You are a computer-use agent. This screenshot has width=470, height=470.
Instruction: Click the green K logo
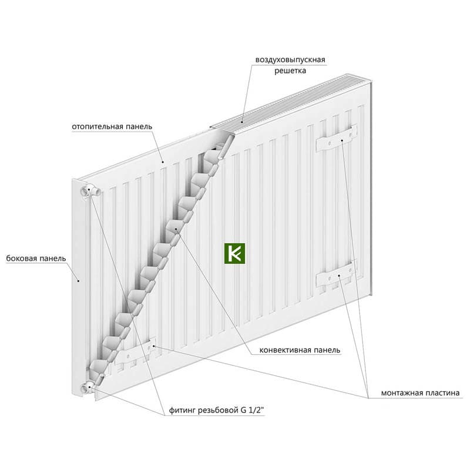tap(234, 253)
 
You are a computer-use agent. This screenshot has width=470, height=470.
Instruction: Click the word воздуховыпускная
tap(290, 60)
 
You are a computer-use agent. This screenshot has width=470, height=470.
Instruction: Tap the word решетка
tap(290, 70)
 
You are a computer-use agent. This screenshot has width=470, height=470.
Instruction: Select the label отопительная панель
tap(112, 126)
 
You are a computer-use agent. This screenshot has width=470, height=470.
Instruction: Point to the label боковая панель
tap(36, 258)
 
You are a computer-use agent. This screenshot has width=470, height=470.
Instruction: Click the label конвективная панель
tap(300, 350)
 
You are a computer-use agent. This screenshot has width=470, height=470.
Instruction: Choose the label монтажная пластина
tap(420, 392)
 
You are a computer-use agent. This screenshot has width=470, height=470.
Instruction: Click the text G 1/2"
tap(252, 410)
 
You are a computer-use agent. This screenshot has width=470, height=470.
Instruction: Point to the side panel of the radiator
tap(79, 288)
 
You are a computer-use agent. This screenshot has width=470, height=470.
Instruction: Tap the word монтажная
tap(400, 392)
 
